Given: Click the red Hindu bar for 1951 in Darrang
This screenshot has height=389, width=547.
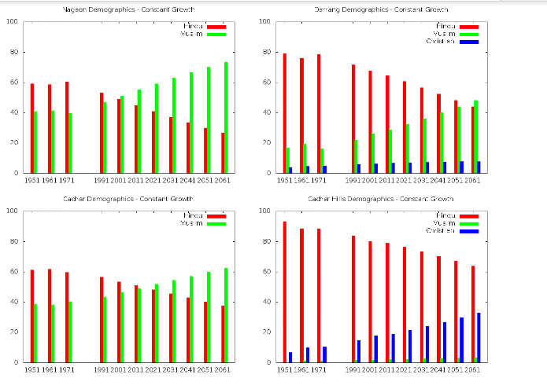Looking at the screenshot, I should pos(285,113).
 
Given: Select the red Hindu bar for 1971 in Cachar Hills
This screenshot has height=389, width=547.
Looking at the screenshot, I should pos(319,295).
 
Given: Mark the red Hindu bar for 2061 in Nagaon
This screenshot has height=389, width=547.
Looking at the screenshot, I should pos(223,153).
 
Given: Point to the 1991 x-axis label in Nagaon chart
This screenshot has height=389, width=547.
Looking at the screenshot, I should pos(102,180).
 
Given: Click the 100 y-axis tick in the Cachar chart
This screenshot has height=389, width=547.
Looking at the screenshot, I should pos(12,211).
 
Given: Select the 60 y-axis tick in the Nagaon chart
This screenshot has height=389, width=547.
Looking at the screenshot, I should pos(14,83).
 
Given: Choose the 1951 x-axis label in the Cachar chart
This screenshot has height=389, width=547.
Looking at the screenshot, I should pos(32,369).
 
